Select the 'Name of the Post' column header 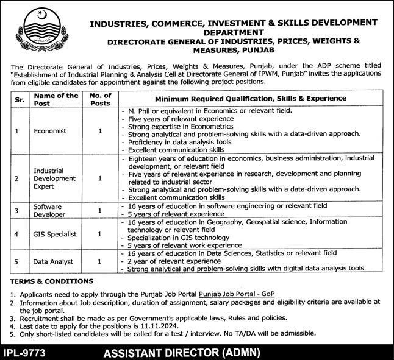click(56, 99)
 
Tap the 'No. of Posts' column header click(99, 99)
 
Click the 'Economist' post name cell click(51, 130)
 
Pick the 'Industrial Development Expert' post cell click(56, 178)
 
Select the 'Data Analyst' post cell click(54, 261)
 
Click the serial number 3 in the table click(18, 210)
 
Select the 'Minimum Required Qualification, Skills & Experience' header click(250, 99)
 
